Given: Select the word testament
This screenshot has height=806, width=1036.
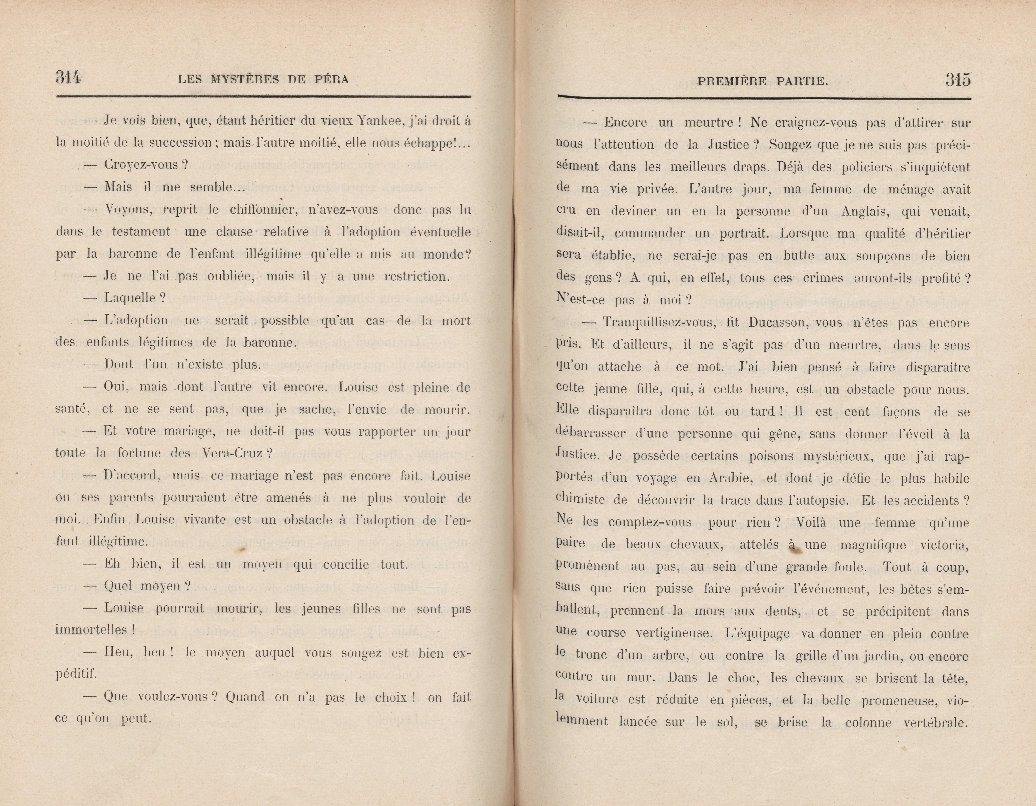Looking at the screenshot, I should coord(141,232).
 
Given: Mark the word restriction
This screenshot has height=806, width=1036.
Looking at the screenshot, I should coord(415,276).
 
